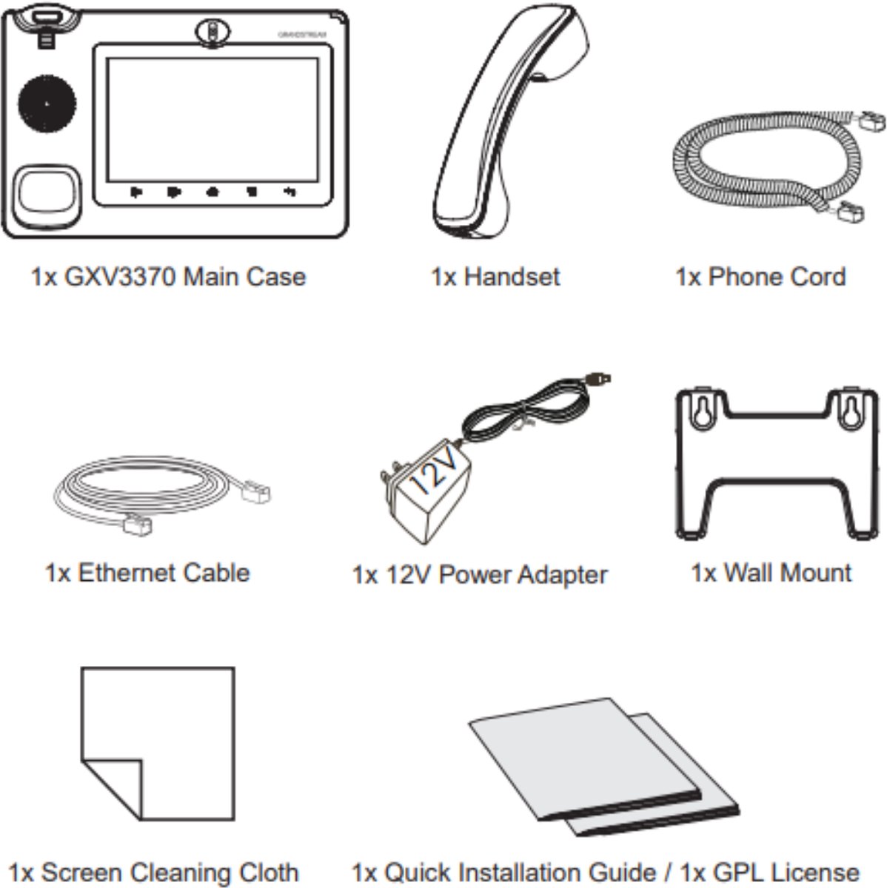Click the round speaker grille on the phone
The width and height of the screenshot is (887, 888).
click(47, 104)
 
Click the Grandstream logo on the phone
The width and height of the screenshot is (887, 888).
click(301, 35)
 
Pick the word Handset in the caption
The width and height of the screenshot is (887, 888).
click(512, 277)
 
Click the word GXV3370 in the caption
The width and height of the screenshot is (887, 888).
click(120, 277)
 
